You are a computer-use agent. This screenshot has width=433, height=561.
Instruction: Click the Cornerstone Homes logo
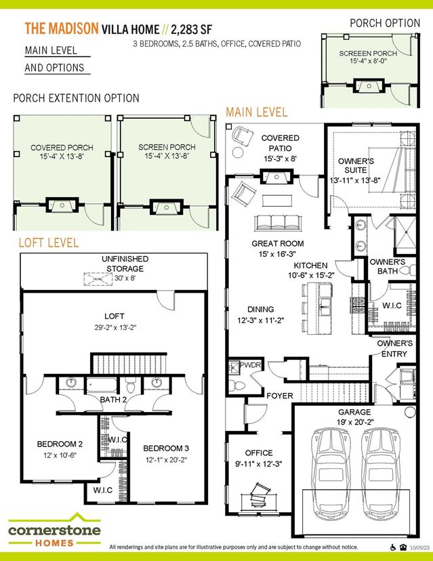coord(54,530)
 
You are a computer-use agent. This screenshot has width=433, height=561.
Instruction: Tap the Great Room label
coord(278,244)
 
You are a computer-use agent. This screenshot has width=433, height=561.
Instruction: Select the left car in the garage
coord(330,474)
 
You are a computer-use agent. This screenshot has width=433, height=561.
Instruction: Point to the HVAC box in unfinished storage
coord(98,279)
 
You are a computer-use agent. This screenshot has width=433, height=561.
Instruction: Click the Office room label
coord(259,453)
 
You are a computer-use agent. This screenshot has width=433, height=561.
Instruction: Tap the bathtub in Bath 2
coord(102,386)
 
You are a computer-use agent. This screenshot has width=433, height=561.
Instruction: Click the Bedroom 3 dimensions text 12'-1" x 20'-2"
coord(167,460)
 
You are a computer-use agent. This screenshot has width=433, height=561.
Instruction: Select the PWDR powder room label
coord(250,365)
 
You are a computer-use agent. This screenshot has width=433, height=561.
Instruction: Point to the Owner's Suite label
coord(356,165)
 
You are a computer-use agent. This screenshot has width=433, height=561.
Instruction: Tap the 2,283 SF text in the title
coord(192,29)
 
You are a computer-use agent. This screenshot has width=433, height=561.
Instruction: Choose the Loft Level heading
coord(49,243)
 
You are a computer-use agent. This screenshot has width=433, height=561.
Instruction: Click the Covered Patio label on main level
coord(281,143)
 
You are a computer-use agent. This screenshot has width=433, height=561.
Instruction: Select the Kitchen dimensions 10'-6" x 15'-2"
coord(311,275)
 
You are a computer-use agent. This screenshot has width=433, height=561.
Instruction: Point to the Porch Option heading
coord(385,23)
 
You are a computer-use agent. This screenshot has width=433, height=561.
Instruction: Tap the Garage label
coord(354,412)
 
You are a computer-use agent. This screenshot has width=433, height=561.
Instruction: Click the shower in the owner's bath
coord(406,232)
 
